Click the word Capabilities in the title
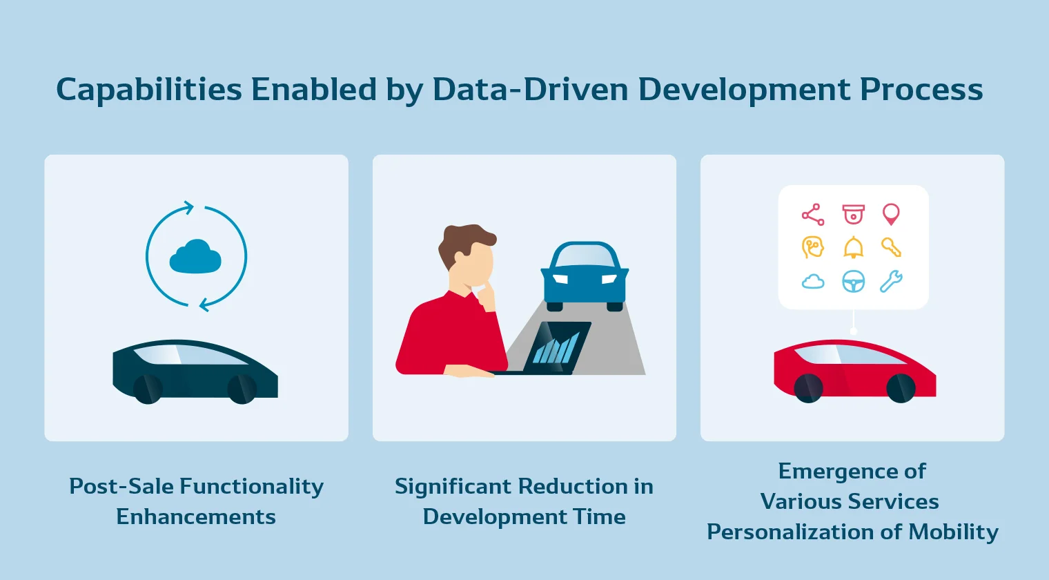[x=149, y=90]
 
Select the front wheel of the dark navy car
[x=242, y=389]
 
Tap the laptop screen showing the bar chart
[x=558, y=347]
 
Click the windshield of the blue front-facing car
[x=585, y=256]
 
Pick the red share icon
[x=813, y=215]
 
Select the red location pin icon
[x=891, y=214]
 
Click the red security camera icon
[x=853, y=214]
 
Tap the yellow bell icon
[x=853, y=247]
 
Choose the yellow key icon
[x=891, y=247]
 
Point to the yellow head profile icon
[x=812, y=247]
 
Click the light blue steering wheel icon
[x=853, y=282]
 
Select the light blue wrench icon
[x=891, y=282]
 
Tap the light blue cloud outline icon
[x=813, y=282]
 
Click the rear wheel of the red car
[x=808, y=388]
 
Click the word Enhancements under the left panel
[x=196, y=516]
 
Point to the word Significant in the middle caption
[x=453, y=487]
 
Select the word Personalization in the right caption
[x=790, y=532]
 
